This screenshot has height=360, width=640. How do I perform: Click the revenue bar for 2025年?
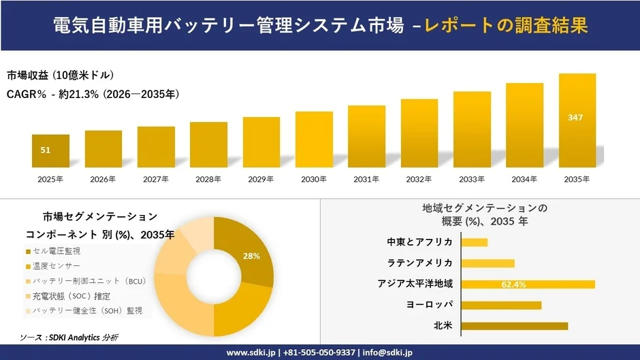point(50,151)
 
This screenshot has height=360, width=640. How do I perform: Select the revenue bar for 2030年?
point(314,140)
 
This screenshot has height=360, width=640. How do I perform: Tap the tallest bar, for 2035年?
point(577,120)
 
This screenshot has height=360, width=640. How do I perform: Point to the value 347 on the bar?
point(575,118)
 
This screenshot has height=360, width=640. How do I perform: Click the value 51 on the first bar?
point(46,150)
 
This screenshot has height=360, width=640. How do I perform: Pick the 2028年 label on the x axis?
point(208,179)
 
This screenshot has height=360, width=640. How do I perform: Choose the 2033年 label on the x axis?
point(472,179)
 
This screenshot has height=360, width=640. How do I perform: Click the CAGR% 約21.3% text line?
point(93,94)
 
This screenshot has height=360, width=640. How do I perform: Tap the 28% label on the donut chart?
point(252,256)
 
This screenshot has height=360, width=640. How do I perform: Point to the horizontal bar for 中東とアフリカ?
point(475,242)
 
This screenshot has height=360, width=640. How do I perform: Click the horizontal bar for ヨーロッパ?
point(501,305)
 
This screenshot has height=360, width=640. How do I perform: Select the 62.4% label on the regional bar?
point(513,284)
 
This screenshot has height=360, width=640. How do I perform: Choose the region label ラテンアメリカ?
point(420,263)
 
